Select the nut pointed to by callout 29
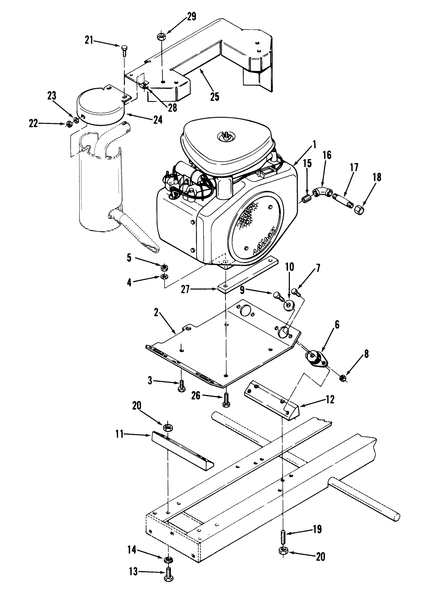pos(161,36)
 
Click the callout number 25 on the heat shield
pos(214,96)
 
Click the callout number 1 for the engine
pos(314,146)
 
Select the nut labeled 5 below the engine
pos(165,266)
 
